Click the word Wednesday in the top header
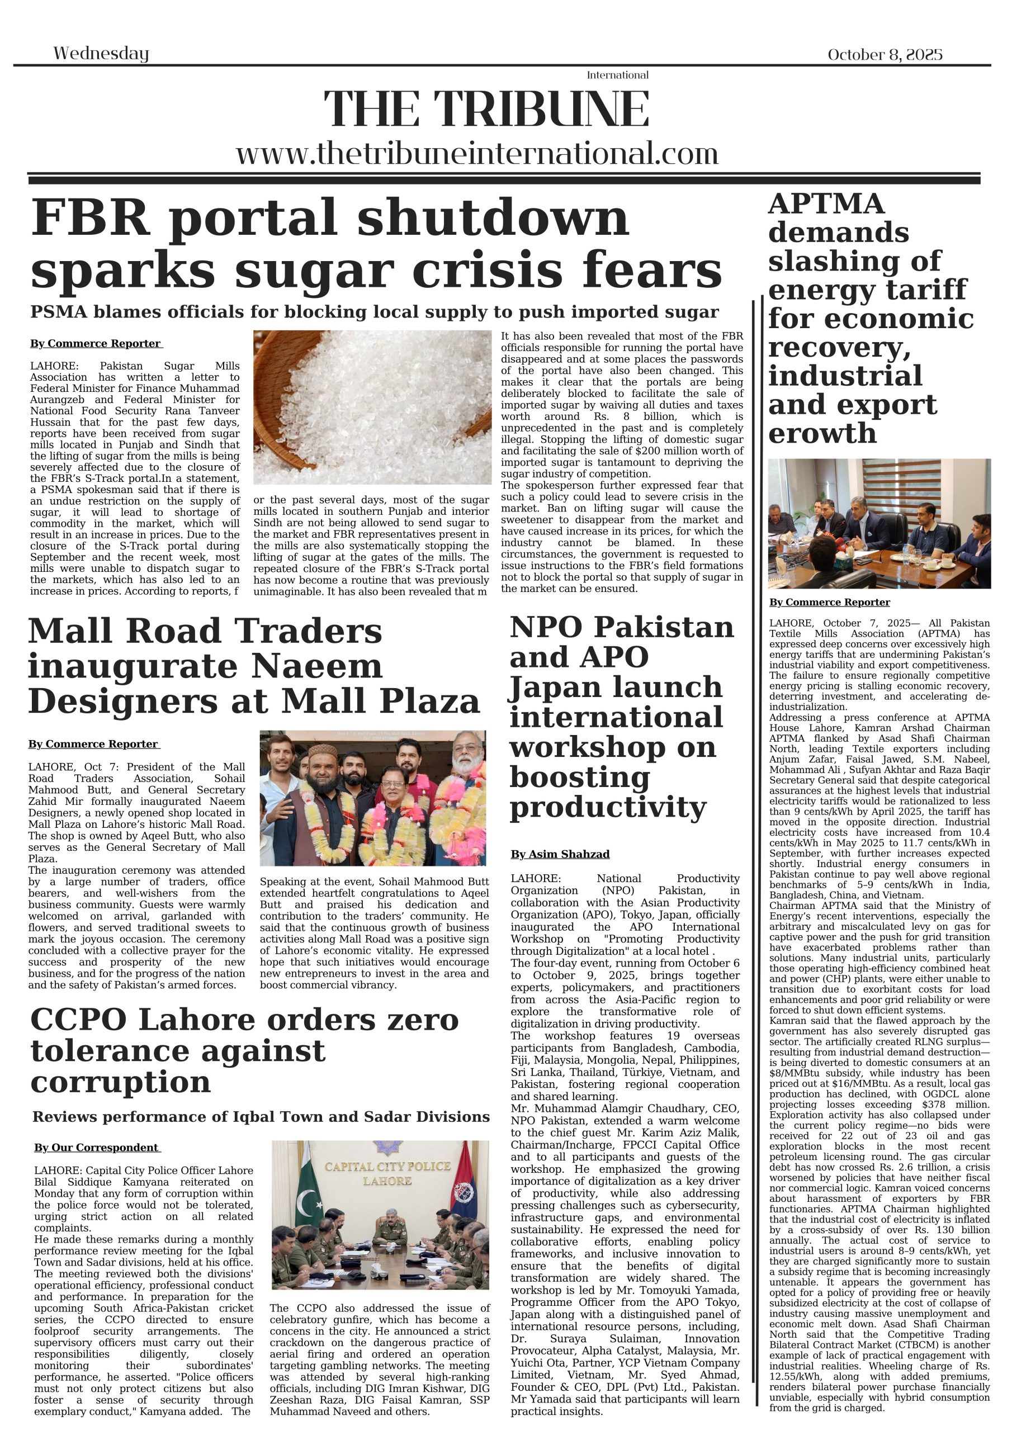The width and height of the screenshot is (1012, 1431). click(101, 54)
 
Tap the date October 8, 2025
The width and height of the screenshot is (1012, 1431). click(884, 55)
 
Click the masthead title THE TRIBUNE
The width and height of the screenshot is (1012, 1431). click(486, 109)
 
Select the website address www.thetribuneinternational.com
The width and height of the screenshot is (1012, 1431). click(477, 153)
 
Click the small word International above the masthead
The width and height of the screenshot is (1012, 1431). click(617, 75)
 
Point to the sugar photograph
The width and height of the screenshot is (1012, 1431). click(372, 407)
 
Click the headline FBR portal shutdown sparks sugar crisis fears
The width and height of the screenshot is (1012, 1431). click(374, 243)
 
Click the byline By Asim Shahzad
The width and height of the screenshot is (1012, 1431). click(560, 854)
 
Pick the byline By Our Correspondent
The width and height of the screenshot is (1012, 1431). click(97, 1148)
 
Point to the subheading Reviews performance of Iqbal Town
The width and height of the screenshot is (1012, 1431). click(261, 1116)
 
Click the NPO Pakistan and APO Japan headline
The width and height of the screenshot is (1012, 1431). click(621, 717)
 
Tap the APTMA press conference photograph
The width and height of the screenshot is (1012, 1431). click(878, 524)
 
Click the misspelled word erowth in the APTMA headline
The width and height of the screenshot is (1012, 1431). click(822, 434)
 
